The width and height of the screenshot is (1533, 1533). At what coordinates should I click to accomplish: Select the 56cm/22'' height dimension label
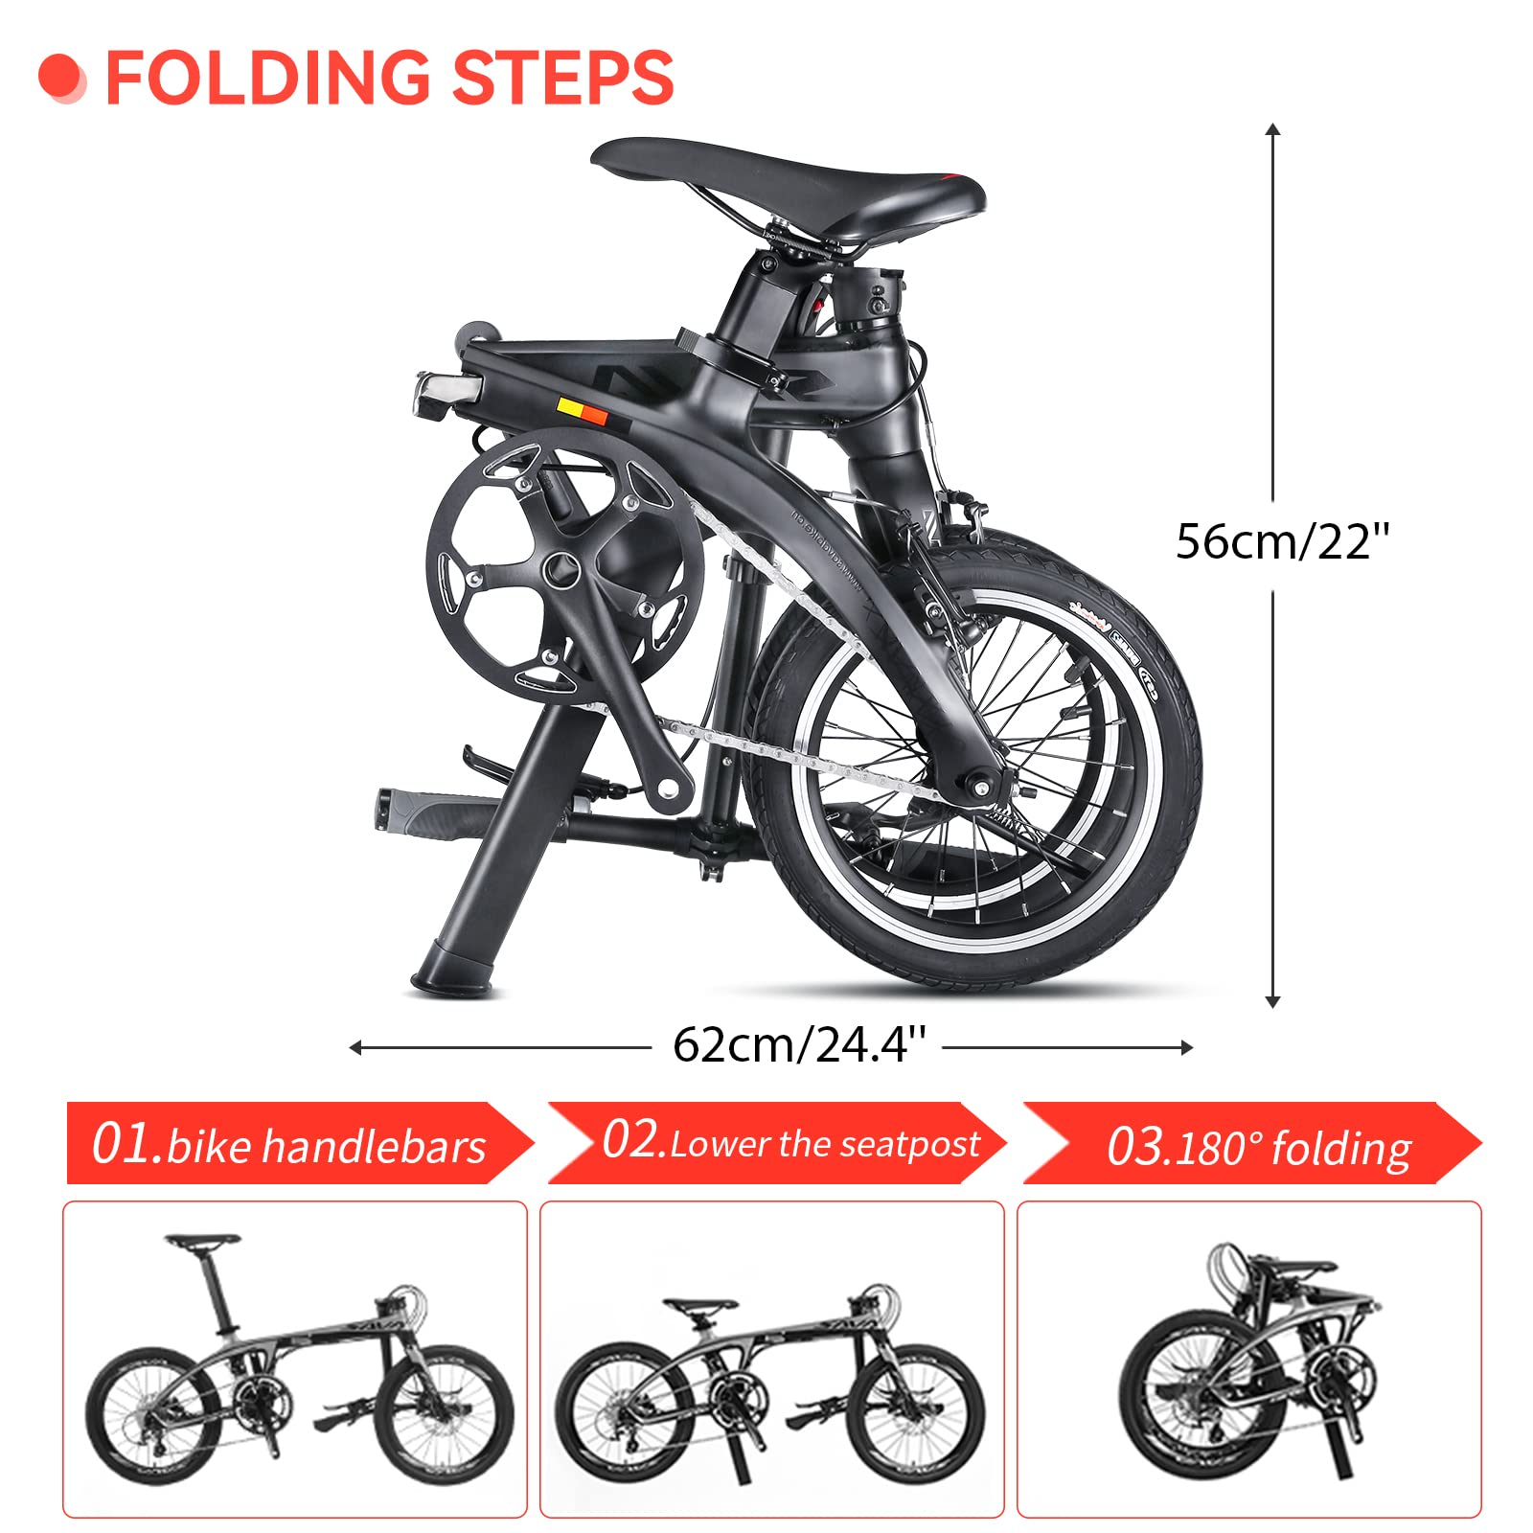point(1282,541)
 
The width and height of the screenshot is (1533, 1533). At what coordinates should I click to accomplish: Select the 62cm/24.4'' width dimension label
point(799,1044)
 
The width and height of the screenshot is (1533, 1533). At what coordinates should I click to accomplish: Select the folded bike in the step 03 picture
point(1246,1361)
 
